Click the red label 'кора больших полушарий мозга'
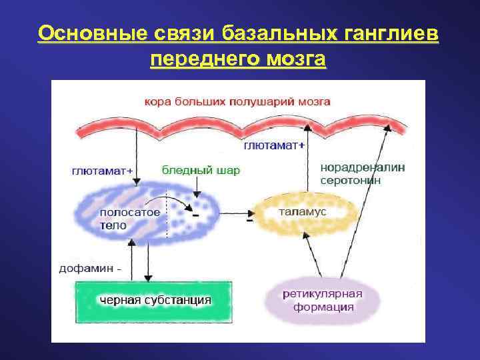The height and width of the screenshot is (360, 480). [237, 102]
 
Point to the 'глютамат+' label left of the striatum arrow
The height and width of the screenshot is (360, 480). [102, 171]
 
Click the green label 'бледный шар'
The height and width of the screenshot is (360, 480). [201, 170]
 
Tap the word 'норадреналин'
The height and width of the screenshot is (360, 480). [363, 167]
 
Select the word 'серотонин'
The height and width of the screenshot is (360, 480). [351, 180]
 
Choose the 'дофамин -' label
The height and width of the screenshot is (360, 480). [91, 270]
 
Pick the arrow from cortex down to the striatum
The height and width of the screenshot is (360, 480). [137, 160]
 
